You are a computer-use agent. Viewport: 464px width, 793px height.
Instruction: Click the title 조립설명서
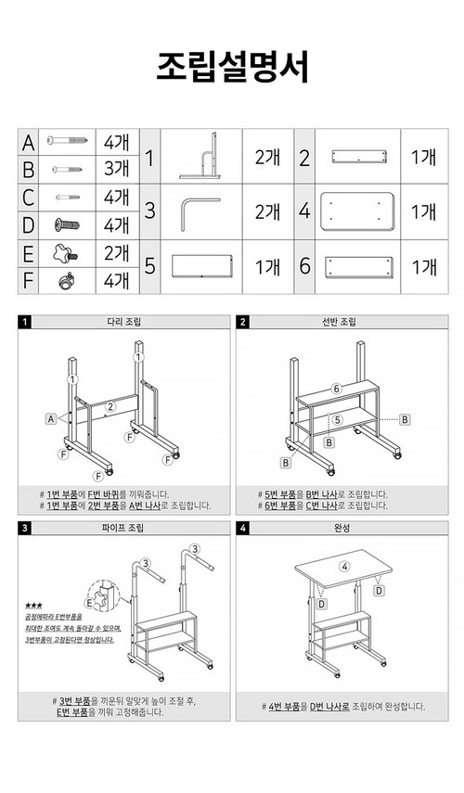pos(232,67)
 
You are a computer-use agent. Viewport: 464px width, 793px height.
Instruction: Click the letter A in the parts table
pos(29,143)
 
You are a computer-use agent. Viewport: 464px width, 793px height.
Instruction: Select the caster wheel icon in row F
pos(66,279)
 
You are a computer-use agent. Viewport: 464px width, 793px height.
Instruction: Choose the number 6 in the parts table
pos(304,266)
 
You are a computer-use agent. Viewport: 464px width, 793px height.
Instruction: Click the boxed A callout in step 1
pos(52,419)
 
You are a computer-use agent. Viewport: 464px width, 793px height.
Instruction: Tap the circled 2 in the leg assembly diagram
pos(110,405)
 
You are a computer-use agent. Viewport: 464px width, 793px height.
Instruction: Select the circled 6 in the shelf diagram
pos(338,388)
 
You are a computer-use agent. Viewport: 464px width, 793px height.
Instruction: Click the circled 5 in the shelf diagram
pos(338,420)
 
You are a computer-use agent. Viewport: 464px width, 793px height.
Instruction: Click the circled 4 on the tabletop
pos(344,566)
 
